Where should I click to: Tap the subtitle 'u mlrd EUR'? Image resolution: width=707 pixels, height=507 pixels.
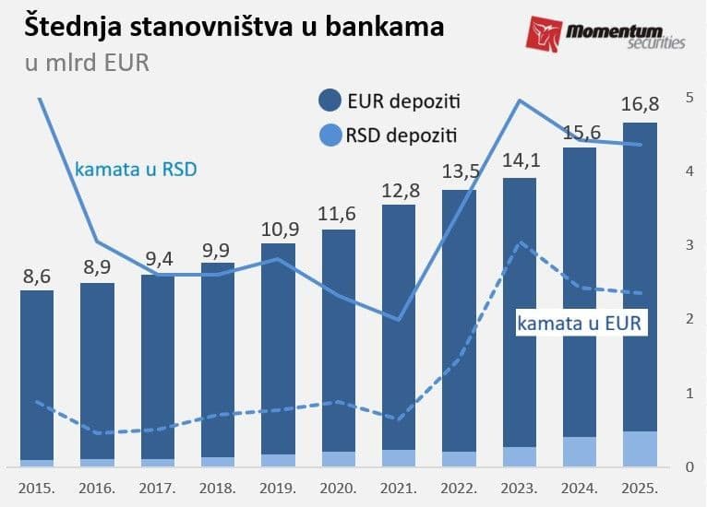pos(87,64)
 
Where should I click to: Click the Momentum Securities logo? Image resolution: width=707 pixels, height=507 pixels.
pos(605,33)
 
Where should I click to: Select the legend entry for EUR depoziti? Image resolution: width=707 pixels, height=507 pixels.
pos(389,100)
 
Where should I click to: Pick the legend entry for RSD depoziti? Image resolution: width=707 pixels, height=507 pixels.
pos(389,136)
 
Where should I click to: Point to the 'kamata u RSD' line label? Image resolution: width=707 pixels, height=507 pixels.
pos(136,170)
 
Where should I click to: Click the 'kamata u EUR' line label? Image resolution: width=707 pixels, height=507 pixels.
pos(579,324)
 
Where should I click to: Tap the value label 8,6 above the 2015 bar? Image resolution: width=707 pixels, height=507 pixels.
pos(38,276)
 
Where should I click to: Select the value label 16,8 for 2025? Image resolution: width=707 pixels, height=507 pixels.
pos(640,107)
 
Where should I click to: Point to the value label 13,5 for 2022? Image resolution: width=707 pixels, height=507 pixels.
pos(459,173)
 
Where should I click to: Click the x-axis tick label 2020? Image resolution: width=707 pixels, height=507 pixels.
pos(339,486)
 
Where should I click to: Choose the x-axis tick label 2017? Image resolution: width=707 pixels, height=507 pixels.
pos(158,486)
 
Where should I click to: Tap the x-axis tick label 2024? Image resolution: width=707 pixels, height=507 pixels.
pos(580,486)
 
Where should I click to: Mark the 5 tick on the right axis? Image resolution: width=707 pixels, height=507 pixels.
pos(689,97)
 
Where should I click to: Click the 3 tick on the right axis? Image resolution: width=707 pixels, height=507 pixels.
pos(689,245)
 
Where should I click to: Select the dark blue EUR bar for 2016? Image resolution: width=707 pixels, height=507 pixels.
pos(98,369)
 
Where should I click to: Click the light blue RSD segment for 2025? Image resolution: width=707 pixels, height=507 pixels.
pos(640,448)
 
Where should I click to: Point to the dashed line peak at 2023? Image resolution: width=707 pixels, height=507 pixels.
pos(521,242)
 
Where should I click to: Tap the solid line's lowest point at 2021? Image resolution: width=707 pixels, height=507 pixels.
pos(399,320)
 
